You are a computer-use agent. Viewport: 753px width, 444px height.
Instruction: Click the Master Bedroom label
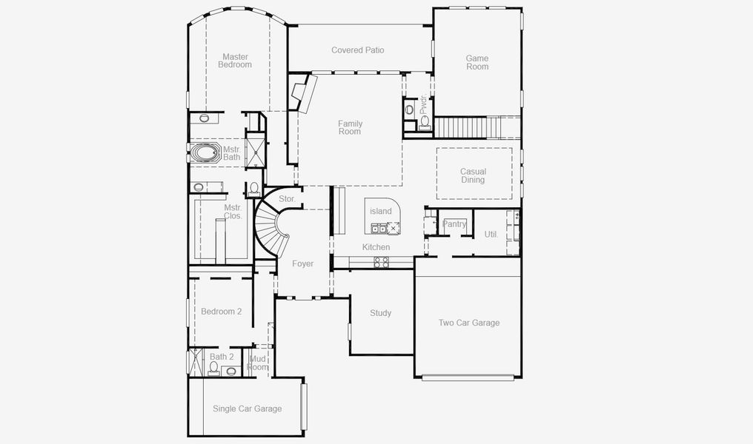tap(235, 61)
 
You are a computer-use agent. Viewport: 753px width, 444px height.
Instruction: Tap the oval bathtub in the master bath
tap(202, 154)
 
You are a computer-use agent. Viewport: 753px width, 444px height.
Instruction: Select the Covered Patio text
tap(358, 50)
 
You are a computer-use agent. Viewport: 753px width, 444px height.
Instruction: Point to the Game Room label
tap(477, 62)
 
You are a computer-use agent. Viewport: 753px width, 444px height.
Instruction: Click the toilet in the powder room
tap(409, 110)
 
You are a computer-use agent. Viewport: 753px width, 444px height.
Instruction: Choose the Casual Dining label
tap(473, 175)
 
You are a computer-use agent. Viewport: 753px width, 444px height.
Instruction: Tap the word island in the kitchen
tap(381, 212)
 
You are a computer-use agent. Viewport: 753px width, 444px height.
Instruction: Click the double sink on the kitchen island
tap(379, 229)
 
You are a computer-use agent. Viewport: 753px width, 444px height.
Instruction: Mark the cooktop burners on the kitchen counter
tap(381, 261)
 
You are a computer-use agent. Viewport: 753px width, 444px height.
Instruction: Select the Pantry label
tap(454, 224)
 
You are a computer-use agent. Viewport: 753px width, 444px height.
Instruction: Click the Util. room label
tap(491, 234)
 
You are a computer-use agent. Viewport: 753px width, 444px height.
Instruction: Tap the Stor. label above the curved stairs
tap(287, 199)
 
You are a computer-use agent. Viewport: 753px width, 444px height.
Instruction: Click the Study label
tap(380, 313)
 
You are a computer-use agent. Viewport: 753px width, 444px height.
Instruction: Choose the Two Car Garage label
tap(468, 323)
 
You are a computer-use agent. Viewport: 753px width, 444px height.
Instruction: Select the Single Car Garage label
tap(247, 408)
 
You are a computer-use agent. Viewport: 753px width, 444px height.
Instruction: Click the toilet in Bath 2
tap(230, 371)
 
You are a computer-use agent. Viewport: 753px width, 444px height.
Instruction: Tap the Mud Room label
tap(257, 363)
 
